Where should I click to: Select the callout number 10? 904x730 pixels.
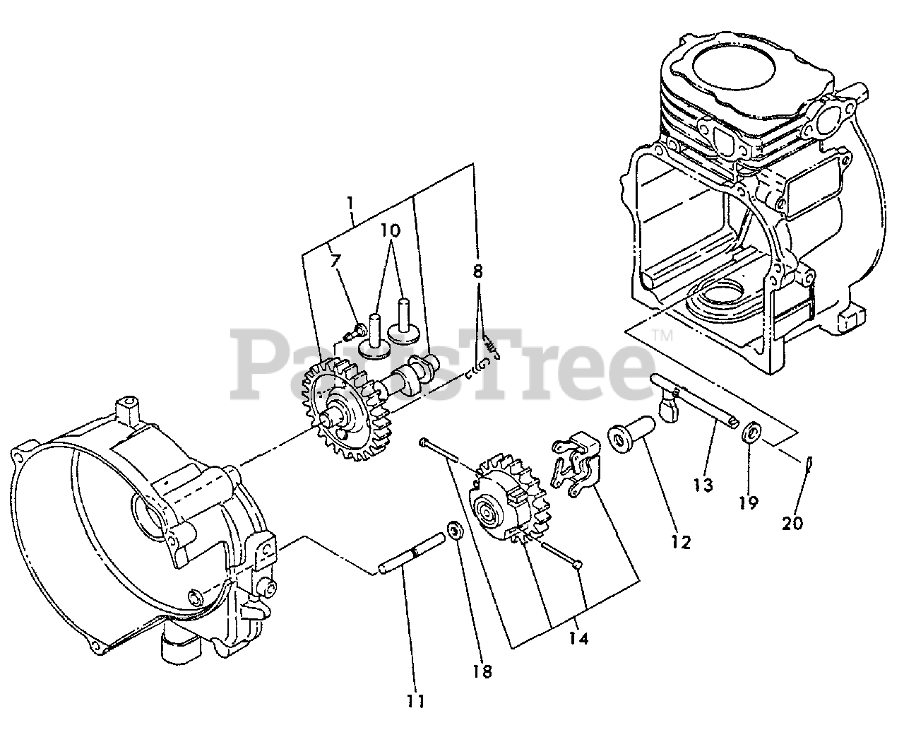[390, 230]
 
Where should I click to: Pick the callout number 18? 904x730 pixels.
[484, 670]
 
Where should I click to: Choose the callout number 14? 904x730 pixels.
[579, 638]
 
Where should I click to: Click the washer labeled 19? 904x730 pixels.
[751, 430]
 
